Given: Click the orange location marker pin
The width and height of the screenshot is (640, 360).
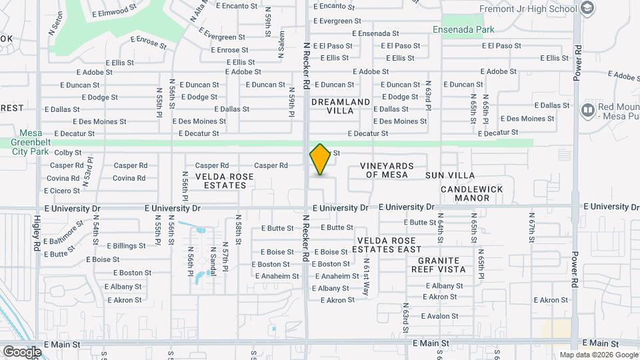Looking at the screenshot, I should coord(321,160).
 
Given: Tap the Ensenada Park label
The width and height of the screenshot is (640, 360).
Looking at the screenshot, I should coord(463,30).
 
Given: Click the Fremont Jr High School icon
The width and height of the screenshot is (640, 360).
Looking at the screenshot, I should coord(587,8).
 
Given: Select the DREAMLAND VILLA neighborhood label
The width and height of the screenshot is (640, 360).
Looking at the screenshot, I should coord(340,106).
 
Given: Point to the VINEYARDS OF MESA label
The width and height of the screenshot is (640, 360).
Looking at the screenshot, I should coord(387,170).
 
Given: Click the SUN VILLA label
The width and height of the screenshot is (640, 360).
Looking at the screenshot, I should coord(450,175).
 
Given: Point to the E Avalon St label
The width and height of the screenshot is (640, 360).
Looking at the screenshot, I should coord(439,316).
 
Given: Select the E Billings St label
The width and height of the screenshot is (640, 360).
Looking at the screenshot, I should coord(125,246).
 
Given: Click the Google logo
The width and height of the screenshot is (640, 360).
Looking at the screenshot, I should coord(22,351).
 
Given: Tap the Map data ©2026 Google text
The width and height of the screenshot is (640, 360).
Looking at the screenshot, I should coord(598,355).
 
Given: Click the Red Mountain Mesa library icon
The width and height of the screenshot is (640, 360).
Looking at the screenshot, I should coord(588,109).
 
